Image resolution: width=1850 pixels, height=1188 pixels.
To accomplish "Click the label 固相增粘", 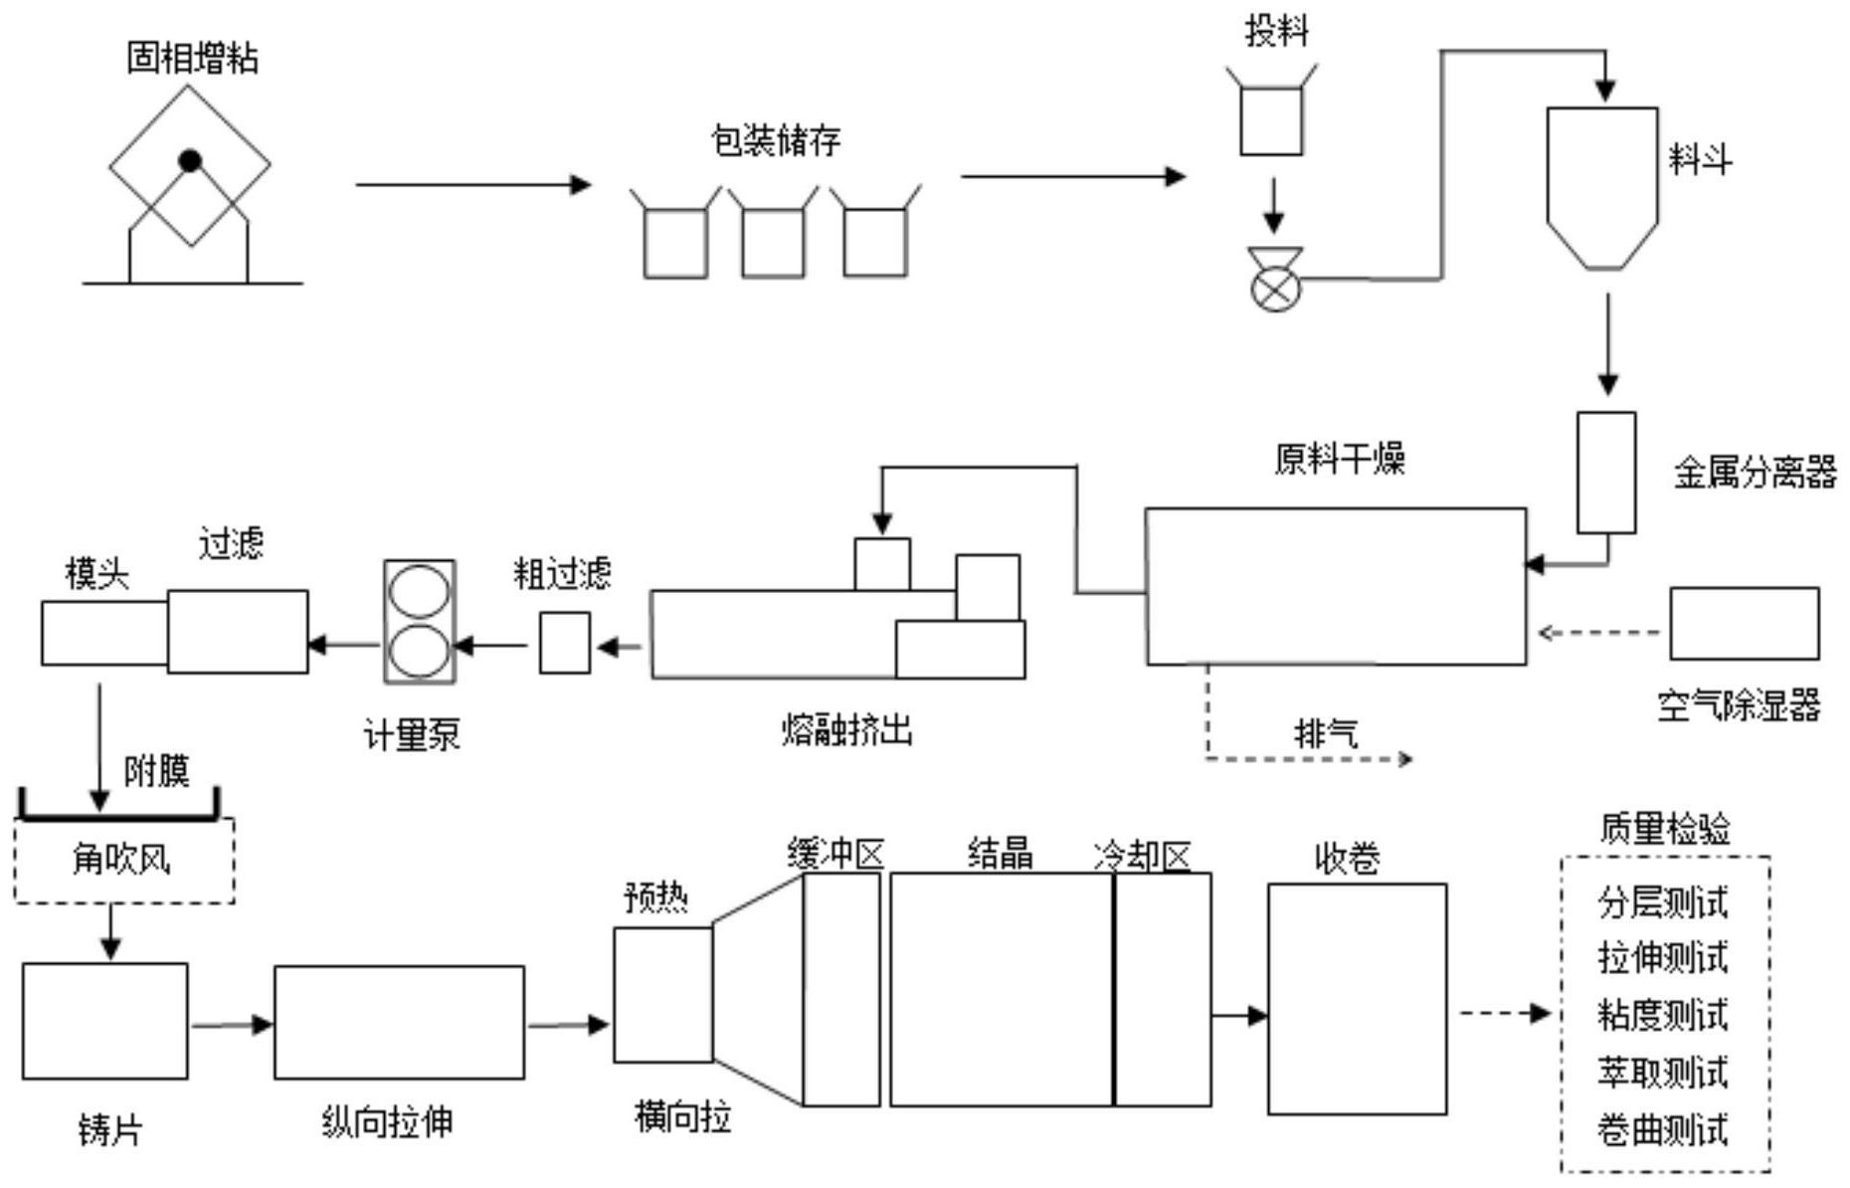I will pos(192,58).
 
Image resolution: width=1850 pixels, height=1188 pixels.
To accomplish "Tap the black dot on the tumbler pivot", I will pos(190,160).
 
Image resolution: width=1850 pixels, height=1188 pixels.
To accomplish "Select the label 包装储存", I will pos(776,139).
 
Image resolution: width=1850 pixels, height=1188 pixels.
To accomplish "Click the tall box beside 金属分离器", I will pos(1605,473).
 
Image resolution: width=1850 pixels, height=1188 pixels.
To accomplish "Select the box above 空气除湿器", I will pos(1744,624).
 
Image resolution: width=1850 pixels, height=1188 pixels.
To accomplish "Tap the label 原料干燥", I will pos(1340,460).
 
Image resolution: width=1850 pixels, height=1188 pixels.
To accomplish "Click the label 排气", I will pos(1326,734).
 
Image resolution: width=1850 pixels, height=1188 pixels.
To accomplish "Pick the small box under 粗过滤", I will pos(565,643).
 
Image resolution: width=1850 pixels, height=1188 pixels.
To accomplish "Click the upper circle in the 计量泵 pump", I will pos(419,591).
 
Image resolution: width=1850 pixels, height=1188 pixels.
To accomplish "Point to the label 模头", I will pos(96,573).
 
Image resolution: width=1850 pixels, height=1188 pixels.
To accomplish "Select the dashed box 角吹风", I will pos(124,860).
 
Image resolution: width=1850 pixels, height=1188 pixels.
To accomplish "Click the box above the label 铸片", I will pos(104,1020).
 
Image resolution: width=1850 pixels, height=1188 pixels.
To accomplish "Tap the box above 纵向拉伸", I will pos(399,1022).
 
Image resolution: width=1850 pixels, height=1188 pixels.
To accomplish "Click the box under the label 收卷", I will pos(1357,999).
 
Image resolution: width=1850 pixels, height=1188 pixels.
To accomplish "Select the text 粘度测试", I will pos(1663,1016).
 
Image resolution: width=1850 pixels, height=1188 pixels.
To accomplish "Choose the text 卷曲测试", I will pos(1663,1130).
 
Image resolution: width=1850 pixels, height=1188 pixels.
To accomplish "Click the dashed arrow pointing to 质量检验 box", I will pos(1504,1014).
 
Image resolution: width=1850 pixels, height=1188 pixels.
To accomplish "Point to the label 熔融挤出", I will pos(846,731).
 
